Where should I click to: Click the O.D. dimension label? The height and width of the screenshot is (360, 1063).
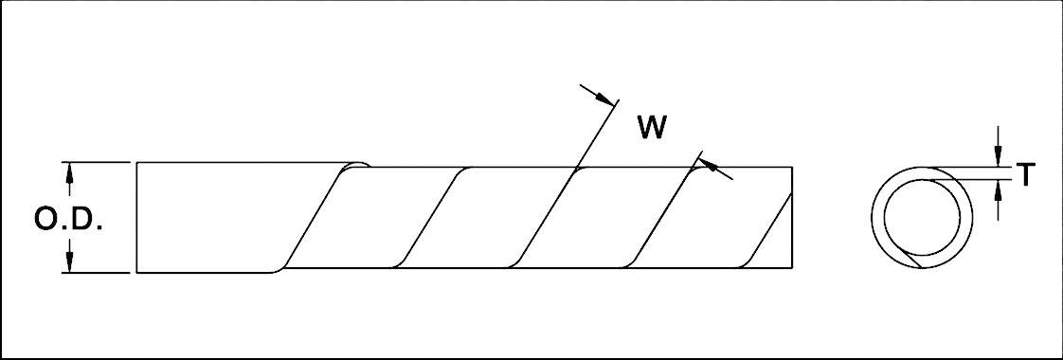[68, 220]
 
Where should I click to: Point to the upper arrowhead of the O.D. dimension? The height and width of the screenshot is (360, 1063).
[68, 171]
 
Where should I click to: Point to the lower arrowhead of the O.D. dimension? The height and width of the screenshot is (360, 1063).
[68, 265]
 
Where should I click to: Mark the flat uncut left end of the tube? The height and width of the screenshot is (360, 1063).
[137, 218]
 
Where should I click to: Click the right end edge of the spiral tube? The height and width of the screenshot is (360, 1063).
[791, 218]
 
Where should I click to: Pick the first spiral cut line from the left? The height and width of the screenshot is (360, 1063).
[313, 218]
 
